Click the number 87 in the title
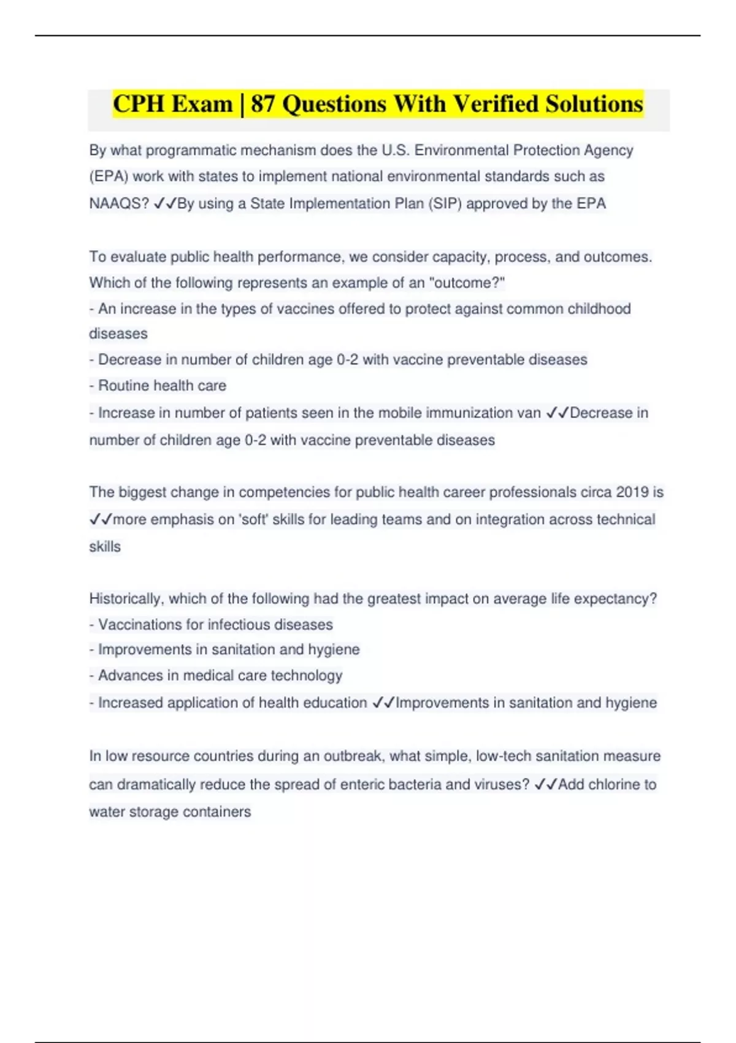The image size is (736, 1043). click(x=262, y=104)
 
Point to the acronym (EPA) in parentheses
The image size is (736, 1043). click(x=109, y=177)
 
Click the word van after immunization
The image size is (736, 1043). click(x=528, y=413)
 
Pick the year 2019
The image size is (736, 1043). click(x=632, y=493)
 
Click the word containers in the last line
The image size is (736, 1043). click(x=220, y=812)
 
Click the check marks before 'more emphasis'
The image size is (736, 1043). click(x=101, y=520)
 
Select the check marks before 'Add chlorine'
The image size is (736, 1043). click(x=546, y=785)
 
